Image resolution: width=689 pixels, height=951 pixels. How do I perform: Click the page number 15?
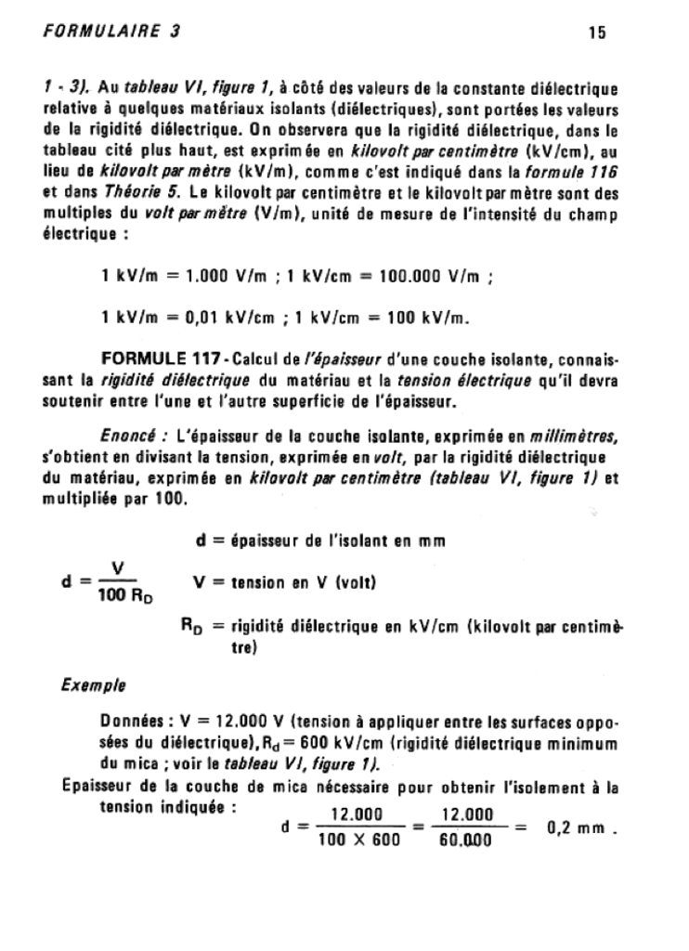pyautogui.click(x=596, y=33)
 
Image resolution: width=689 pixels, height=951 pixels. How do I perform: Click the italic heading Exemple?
pyautogui.click(x=94, y=687)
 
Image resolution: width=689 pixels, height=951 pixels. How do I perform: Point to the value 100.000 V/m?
pyautogui.click(x=459, y=277)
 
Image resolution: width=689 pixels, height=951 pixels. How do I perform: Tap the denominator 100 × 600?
pyautogui.click(x=357, y=840)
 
